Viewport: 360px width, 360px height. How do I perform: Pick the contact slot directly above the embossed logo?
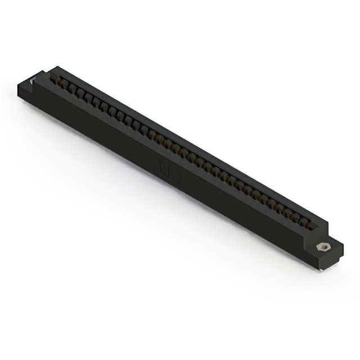click(169, 143)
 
